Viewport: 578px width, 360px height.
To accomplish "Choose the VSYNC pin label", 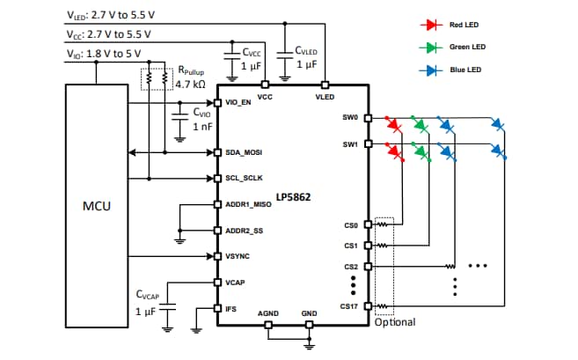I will pos(238,256).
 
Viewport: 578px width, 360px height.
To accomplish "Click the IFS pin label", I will pos(231,308).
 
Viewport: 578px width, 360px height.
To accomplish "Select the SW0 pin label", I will pos(349,116).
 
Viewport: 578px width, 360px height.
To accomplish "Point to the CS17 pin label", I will pos(349,307).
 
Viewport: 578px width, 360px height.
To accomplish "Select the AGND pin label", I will pos(268,313).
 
